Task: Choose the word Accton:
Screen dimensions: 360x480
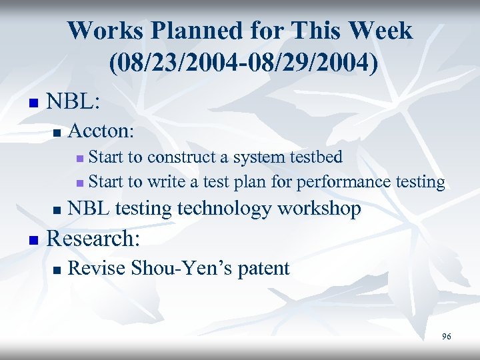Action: coord(101,129)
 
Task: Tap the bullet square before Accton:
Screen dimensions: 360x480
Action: coord(57,131)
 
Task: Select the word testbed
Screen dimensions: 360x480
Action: coord(315,157)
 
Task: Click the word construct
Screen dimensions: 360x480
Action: coord(184,157)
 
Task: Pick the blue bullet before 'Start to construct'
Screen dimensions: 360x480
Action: coord(80,159)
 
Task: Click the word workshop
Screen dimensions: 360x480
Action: coord(319,209)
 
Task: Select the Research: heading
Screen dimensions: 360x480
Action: coord(93,237)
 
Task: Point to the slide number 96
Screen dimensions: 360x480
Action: coord(446,337)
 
